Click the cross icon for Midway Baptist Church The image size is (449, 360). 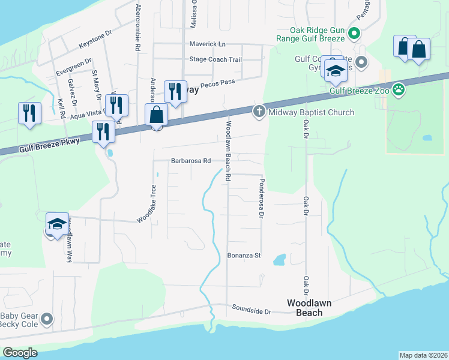coord(259,111)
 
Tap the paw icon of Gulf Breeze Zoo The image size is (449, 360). coord(399,90)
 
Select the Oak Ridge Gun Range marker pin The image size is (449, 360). coord(354,33)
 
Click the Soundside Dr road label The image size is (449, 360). coord(252,311)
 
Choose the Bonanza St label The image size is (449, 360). coord(244,255)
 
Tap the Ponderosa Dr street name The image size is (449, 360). coord(262,198)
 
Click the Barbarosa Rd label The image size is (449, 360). coord(191,161)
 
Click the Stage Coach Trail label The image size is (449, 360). coord(215,59)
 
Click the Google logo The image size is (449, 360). coord(20,353)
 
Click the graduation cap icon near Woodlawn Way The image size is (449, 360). coord(57,224)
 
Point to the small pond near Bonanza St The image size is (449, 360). coord(279,260)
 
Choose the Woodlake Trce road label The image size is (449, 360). coord(148,204)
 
